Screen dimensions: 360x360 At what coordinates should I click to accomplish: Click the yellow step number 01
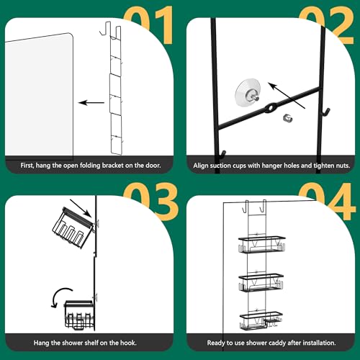point(148,24)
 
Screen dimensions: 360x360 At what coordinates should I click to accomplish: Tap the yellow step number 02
point(326,24)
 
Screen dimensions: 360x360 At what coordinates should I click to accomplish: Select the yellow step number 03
point(150,201)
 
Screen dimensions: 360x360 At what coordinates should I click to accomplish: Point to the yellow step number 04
point(328,201)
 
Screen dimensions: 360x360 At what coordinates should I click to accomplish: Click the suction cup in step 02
point(248,91)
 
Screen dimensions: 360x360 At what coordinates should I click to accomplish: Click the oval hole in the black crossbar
point(271,108)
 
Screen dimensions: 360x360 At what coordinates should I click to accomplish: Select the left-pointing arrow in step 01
point(91,103)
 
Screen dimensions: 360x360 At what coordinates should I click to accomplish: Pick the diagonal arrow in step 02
point(287,96)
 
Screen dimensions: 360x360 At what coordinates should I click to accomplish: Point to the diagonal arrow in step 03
point(81,208)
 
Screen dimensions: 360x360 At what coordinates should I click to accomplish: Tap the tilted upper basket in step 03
point(72,228)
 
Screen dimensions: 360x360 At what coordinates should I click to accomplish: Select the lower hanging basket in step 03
point(79,315)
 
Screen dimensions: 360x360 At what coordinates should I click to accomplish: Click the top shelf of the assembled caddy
point(261,244)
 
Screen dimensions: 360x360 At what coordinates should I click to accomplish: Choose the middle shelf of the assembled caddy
point(261,282)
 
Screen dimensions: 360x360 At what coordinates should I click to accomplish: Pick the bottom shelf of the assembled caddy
point(261,321)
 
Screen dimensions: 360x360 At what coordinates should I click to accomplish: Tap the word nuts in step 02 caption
point(343,166)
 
